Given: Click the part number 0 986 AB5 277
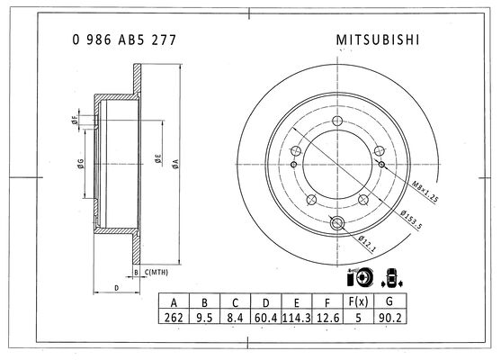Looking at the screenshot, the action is (x=124, y=40).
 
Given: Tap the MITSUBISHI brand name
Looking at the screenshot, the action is (x=378, y=40).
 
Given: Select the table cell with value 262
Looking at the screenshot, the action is (x=174, y=318).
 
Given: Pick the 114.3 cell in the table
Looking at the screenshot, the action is (x=297, y=318).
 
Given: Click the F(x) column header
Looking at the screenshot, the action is (x=358, y=301).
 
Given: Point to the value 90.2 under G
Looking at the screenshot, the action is (x=389, y=318).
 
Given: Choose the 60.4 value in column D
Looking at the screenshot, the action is (x=266, y=318).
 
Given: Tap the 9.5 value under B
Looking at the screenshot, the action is (x=204, y=318).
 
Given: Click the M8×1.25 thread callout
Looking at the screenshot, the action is (x=425, y=192).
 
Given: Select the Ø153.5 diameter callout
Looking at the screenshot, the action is (x=411, y=220).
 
